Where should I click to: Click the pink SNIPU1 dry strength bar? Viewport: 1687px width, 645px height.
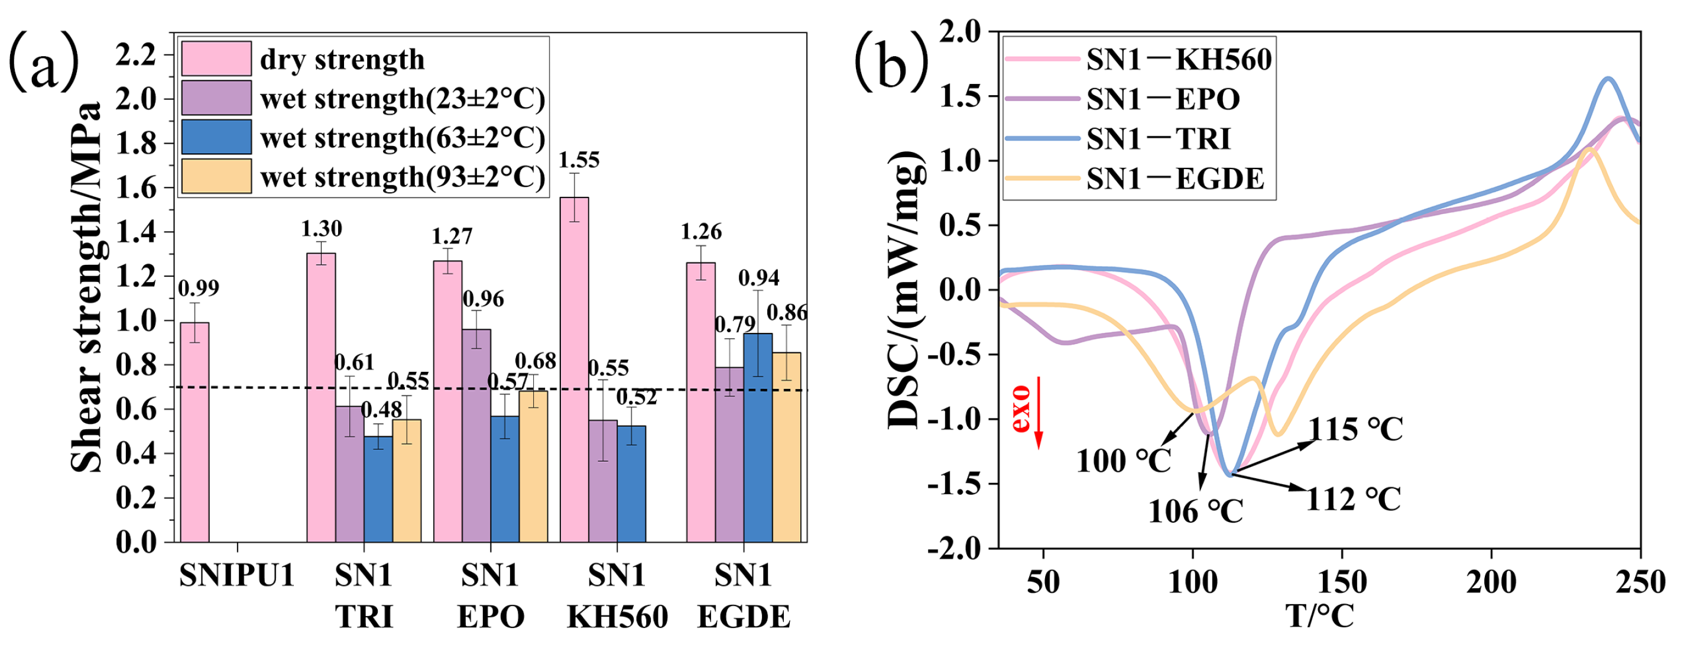194,432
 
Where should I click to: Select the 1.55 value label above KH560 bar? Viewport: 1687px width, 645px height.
578,160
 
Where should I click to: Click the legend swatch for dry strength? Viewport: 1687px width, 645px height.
216,59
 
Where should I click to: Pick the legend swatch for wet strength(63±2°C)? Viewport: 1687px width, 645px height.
216,137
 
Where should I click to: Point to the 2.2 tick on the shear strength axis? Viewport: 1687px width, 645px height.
135,55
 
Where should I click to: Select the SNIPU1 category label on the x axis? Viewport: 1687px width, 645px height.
236,576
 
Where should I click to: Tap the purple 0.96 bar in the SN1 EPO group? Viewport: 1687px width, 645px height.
476,436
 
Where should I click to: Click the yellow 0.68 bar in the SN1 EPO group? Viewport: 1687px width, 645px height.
533,466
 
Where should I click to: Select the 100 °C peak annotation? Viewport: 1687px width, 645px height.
1123,461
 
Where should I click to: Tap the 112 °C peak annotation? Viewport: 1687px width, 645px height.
1353,500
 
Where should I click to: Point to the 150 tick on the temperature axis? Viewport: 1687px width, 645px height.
1342,582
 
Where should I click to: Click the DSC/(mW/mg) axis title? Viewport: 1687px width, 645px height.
907,288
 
